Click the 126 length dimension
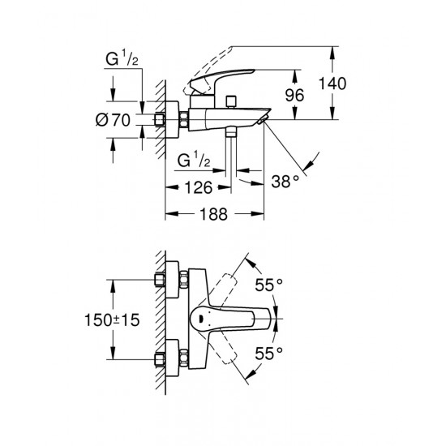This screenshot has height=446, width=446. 198,188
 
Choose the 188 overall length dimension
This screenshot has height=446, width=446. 215,216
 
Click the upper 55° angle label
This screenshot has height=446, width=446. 269,285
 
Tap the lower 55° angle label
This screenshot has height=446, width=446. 269,353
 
